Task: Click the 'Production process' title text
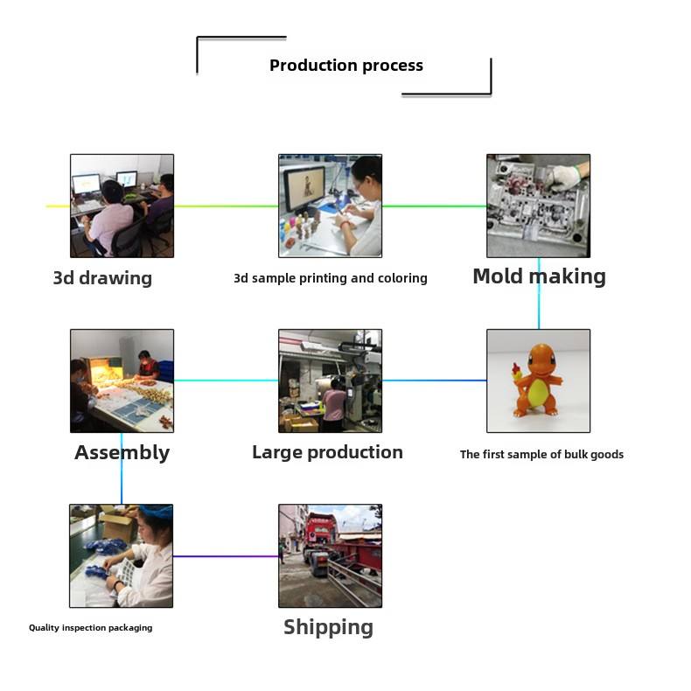tap(345, 66)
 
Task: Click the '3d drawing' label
tap(102, 278)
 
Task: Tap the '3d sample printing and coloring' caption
tap(330, 278)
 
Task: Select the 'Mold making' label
tap(539, 276)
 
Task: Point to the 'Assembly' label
tap(122, 452)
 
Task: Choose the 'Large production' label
tap(327, 452)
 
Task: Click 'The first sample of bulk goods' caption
tap(541, 454)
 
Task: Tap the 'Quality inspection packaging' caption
tap(90, 627)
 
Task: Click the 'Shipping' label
tap(328, 627)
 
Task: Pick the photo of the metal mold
tap(538, 206)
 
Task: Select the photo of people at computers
tap(122, 206)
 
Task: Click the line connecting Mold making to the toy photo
tap(539, 293)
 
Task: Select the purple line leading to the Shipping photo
tap(225, 556)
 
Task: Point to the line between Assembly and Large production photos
tap(226, 380)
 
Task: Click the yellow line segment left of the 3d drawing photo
tap(58, 206)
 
